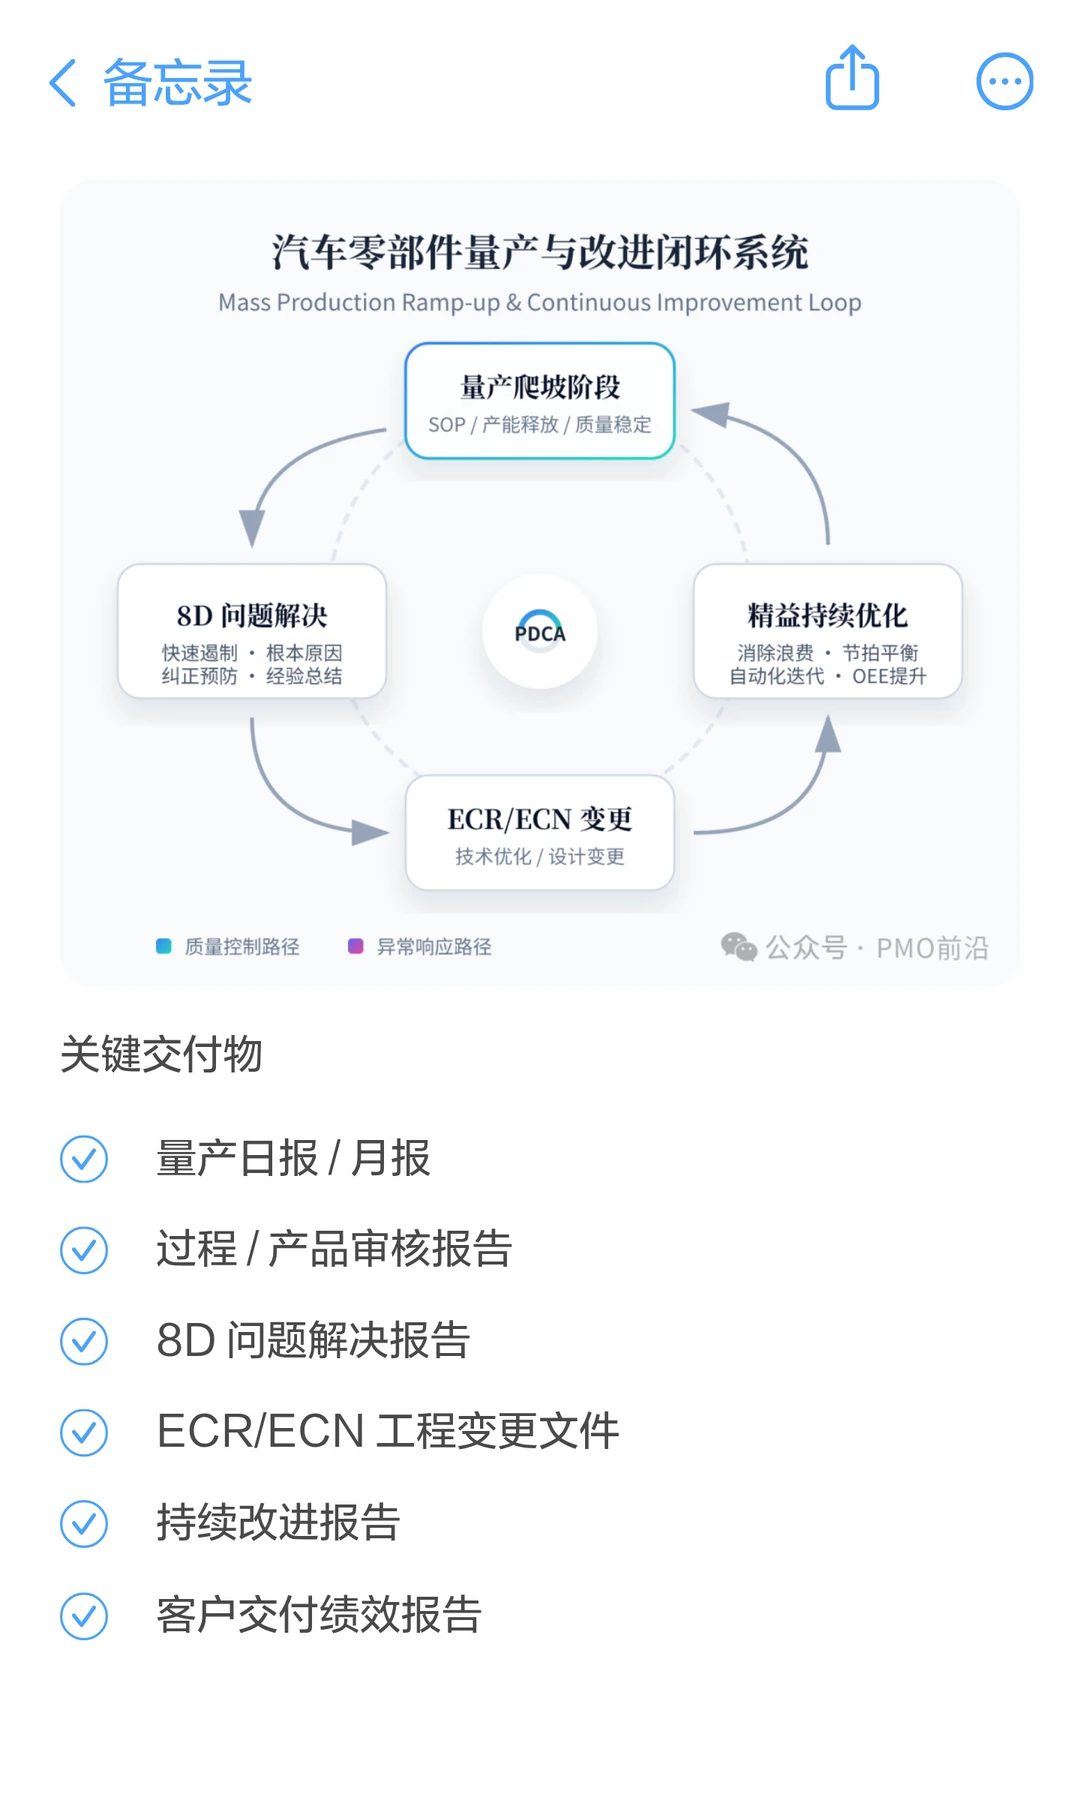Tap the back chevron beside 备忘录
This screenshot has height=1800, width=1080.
click(x=63, y=82)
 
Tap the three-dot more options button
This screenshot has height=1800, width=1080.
click(x=1004, y=81)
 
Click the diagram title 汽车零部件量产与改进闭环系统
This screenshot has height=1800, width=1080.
click(x=540, y=252)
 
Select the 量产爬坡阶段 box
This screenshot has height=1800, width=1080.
click(x=540, y=401)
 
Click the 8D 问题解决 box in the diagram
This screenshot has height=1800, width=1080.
click(x=252, y=631)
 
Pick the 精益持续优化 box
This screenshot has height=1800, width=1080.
click(x=827, y=631)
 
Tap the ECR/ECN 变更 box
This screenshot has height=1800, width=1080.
click(x=540, y=833)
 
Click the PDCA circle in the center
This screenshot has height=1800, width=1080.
click(x=540, y=631)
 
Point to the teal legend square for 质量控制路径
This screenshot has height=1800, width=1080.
click(x=164, y=946)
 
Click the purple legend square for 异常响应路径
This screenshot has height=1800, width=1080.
click(x=355, y=946)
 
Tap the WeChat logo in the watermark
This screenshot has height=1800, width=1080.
click(x=739, y=946)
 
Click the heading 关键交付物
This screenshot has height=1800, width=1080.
click(x=161, y=1055)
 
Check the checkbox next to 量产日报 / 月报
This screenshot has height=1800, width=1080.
click(x=84, y=1159)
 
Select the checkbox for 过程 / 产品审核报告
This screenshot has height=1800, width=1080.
click(x=84, y=1250)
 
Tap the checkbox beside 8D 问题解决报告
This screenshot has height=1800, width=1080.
click(x=84, y=1341)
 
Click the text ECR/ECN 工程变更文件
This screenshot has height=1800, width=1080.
click(x=388, y=1431)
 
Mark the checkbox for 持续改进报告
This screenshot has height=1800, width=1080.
click(x=84, y=1524)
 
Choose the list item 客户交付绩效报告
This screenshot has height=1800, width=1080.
click(x=319, y=1615)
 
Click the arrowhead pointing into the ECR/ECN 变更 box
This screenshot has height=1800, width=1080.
click(x=372, y=831)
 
